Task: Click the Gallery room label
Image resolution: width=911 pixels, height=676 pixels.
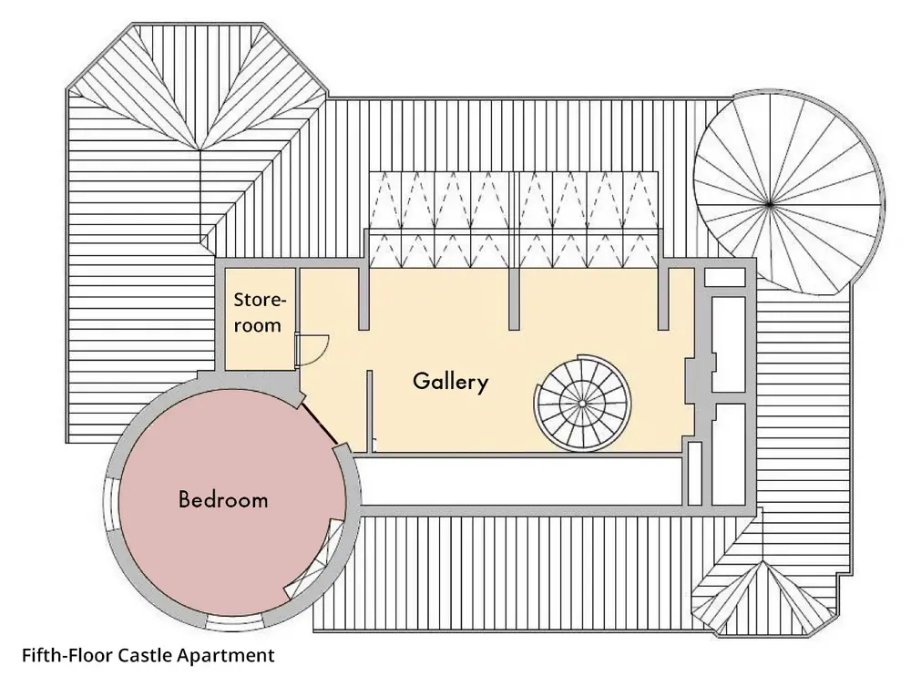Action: (450, 381)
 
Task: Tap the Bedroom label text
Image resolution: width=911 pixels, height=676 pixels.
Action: (223, 499)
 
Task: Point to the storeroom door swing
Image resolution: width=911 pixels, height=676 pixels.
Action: (313, 349)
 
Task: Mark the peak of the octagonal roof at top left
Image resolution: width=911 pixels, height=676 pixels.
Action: (198, 149)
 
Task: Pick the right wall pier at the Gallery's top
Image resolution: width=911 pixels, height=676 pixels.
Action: (664, 298)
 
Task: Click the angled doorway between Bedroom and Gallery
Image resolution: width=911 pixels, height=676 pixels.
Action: (320, 422)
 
